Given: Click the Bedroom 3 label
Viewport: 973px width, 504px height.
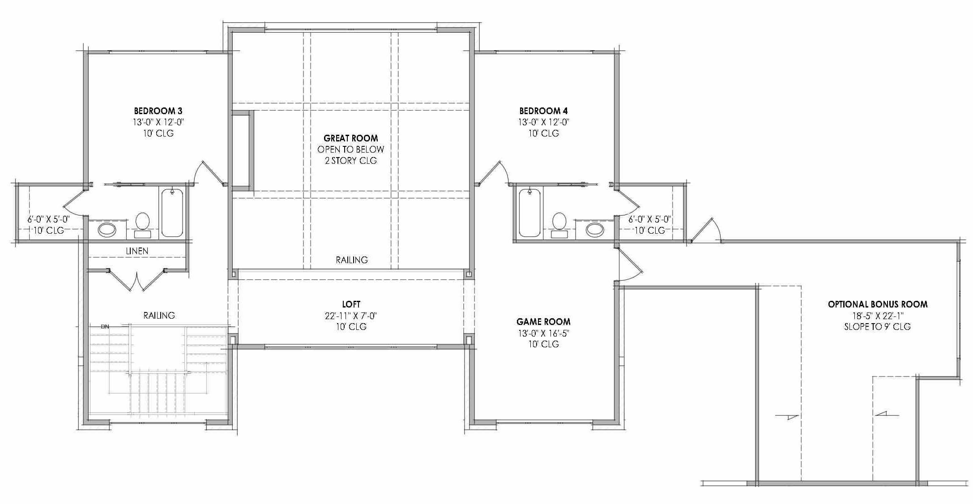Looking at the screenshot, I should [158, 111].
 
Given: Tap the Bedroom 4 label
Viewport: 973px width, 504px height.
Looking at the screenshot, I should [543, 111].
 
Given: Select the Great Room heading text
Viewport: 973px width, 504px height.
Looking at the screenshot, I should [350, 138].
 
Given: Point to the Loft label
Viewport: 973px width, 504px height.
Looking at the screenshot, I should [351, 304].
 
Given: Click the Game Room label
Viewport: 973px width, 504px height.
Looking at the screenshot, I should [543, 321].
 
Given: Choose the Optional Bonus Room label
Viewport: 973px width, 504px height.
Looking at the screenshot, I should [877, 304].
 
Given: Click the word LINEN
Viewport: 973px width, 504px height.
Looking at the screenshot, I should [137, 251].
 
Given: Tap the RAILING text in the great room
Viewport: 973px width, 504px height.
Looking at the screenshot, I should [352, 260].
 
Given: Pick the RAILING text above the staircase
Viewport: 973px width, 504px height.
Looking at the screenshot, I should [159, 315].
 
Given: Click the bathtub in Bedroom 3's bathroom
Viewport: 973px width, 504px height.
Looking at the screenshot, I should [172, 213].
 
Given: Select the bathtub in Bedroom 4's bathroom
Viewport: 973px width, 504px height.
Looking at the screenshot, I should [529, 213].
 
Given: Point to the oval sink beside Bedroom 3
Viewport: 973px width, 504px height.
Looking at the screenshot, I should [107, 230].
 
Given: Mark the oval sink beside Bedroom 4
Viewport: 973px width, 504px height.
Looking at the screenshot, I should [595, 230].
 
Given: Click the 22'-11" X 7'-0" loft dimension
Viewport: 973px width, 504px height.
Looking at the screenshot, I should [351, 316].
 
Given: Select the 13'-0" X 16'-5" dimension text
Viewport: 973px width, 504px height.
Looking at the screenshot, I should [543, 333].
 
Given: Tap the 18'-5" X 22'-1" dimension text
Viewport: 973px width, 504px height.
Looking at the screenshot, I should [877, 316].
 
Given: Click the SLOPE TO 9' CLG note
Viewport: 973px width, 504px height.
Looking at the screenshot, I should [877, 327].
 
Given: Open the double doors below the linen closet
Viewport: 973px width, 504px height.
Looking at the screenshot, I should [137, 280].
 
